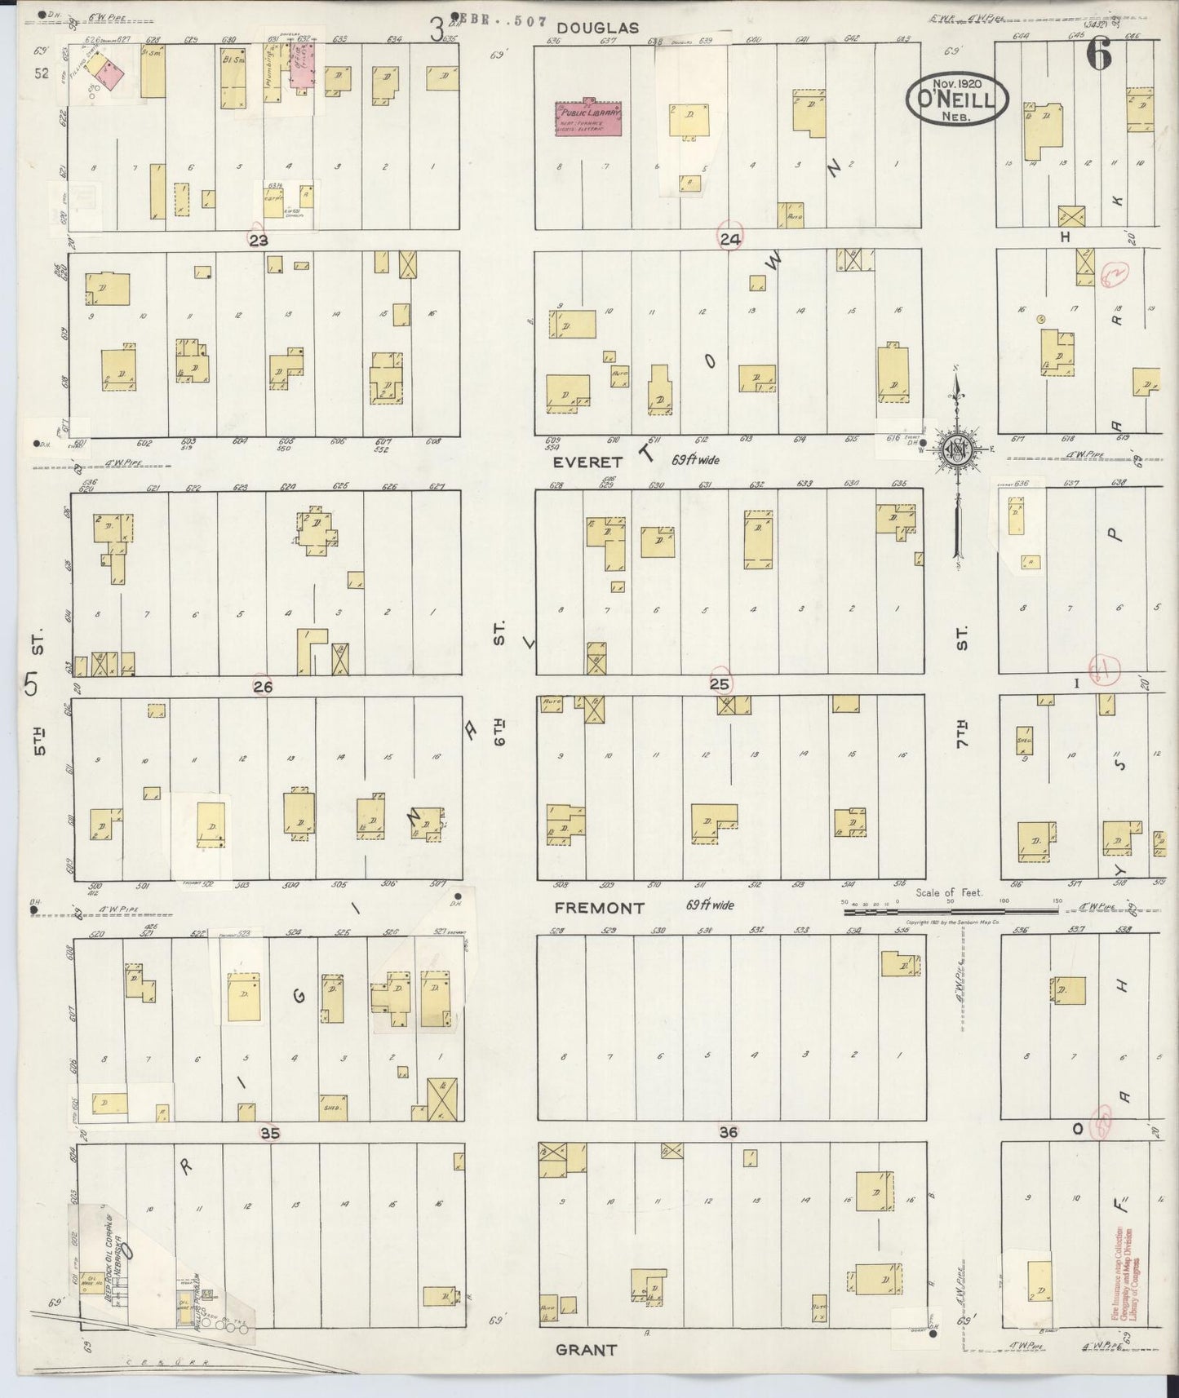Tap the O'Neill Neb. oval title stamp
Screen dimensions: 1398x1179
957,99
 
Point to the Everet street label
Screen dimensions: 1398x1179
588,462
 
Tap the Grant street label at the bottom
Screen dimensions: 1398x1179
586,1349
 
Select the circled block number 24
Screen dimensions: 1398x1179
730,238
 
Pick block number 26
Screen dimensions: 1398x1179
262,687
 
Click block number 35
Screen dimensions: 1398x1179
270,1132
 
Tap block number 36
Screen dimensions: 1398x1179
729,1132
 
